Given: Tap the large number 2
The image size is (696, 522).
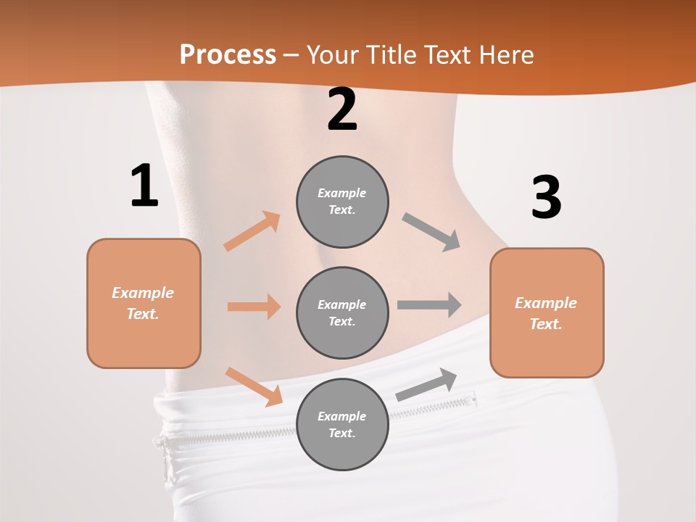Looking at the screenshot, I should tap(342, 109).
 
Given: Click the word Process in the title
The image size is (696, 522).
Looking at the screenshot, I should tap(228, 54).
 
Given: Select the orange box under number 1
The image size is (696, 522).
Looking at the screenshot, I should tap(144, 303).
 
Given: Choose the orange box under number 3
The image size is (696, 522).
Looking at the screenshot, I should tap(547, 312).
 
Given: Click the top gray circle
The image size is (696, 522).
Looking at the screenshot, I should tap(342, 202).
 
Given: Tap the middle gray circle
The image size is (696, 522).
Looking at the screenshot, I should tap(342, 312).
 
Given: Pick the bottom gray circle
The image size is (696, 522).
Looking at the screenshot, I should tap(342, 424).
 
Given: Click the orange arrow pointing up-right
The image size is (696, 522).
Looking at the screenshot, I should tap(252, 231).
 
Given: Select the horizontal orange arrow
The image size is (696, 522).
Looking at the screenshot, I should tap(254, 307).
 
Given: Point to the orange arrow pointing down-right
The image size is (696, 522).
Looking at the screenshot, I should tap(254, 386).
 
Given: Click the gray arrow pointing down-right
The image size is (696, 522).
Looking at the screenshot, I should tap(431, 232).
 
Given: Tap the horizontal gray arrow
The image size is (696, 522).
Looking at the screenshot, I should tap(429, 304).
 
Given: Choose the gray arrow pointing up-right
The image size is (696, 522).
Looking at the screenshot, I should tap(426, 384).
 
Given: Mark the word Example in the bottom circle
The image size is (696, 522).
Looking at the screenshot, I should tap(342, 416).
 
